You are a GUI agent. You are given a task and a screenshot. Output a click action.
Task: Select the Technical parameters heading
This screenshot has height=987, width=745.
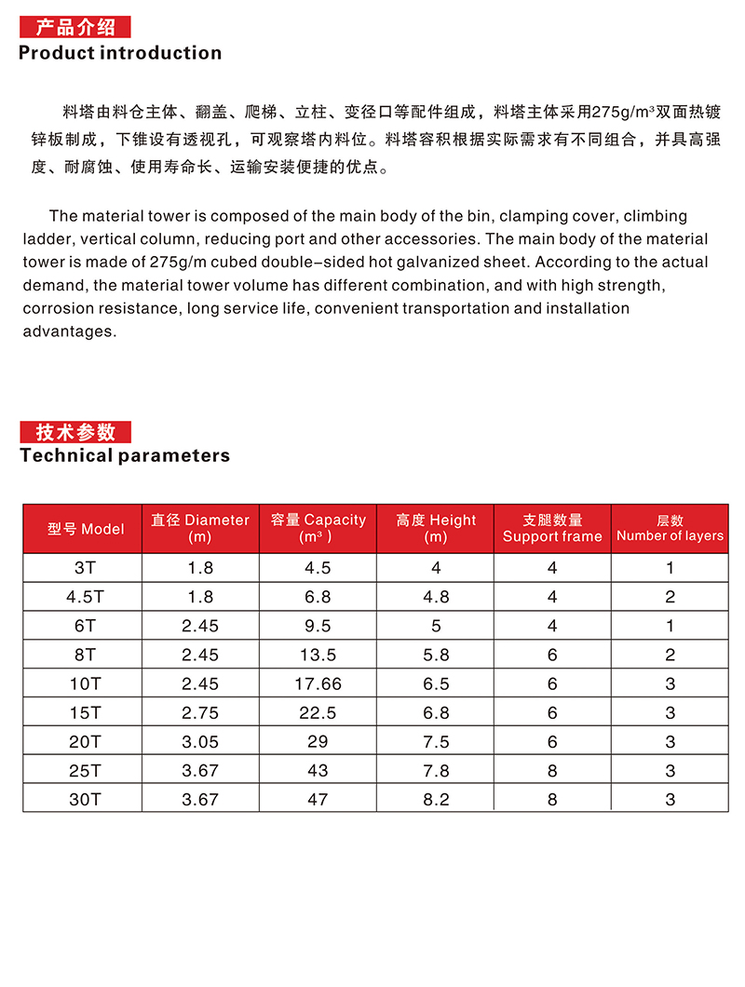pos(125,455)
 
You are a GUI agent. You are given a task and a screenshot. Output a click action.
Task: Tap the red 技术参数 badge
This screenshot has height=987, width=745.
pos(75,432)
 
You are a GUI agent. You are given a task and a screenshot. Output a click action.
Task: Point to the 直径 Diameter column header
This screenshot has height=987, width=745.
pos(200,528)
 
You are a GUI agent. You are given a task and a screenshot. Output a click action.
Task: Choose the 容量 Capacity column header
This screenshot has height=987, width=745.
pos(318,528)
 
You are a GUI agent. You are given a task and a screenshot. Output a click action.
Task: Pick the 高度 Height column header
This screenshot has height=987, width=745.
pos(436,528)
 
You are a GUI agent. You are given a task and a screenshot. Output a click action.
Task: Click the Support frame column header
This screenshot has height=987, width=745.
pos(552,528)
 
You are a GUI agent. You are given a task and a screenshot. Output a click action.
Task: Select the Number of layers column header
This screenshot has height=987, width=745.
pos(670,528)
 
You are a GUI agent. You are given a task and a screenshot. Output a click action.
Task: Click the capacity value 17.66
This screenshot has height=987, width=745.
pos(318,683)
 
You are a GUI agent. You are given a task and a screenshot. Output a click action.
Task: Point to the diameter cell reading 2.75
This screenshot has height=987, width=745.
pos(200,712)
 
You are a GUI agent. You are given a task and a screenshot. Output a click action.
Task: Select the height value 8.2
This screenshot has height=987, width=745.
pos(436,799)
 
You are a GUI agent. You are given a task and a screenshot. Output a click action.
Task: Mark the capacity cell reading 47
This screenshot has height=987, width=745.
pos(318,799)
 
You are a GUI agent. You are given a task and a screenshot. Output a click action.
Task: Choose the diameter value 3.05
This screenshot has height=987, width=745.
pos(200,741)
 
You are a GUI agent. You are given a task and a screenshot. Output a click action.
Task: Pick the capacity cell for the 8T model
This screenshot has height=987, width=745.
pos(318,655)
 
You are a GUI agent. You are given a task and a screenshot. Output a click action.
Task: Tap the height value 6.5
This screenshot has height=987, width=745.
pos(436,683)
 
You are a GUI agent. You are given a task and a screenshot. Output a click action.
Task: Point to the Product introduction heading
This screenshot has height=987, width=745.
pos(120,53)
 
